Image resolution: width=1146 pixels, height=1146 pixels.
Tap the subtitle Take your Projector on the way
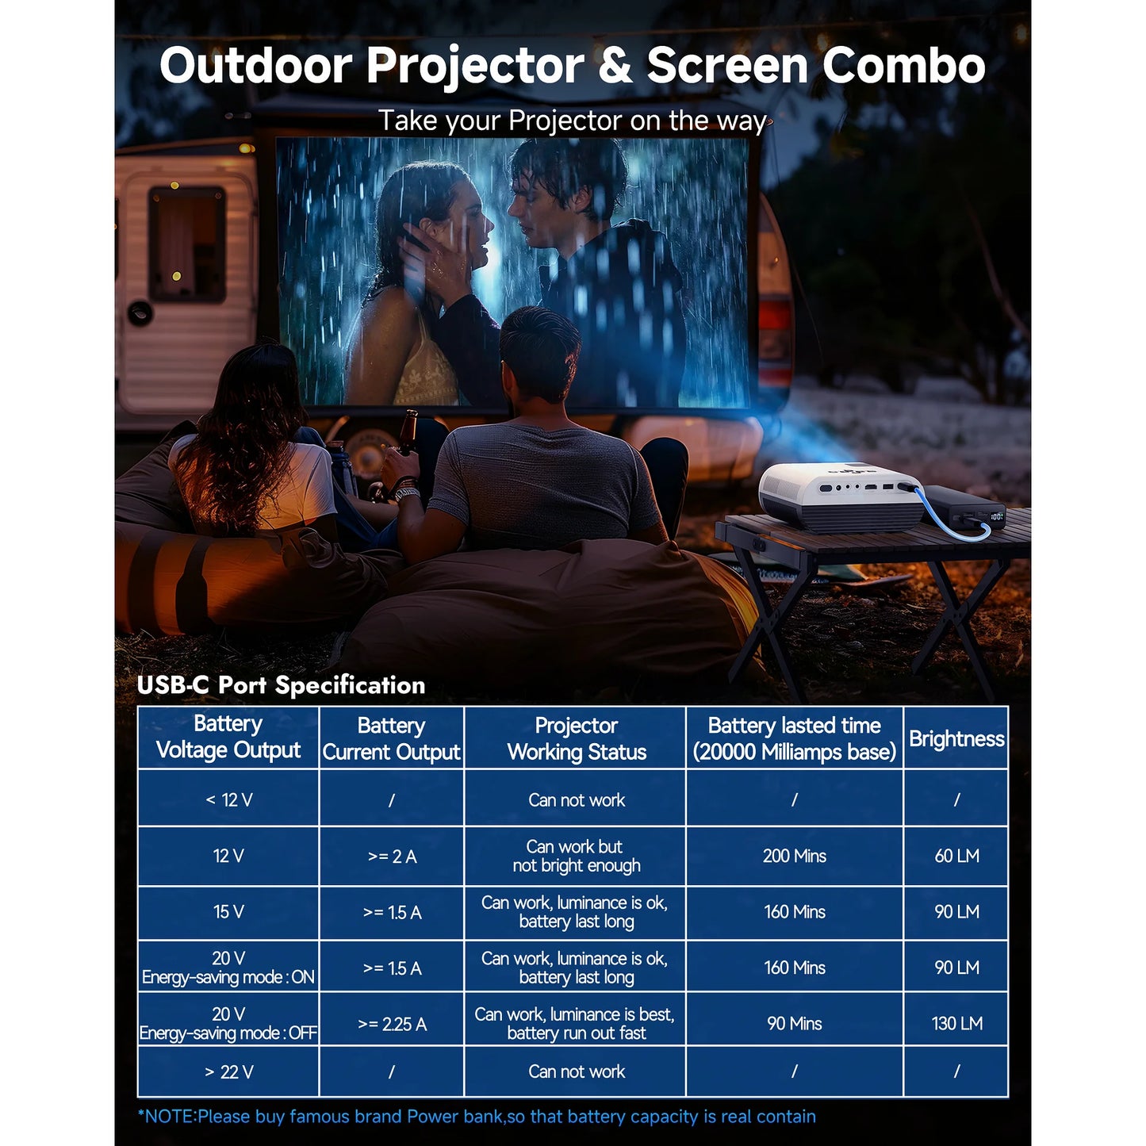pos(572,121)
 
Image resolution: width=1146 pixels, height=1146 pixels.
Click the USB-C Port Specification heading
pos(282,685)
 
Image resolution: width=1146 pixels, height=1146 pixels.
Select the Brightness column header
pos(956,738)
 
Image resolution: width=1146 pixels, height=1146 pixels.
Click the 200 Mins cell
pos(795,856)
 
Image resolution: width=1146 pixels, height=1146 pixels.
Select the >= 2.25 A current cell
pos(392,1024)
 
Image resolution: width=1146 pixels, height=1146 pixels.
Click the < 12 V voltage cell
pos(229,800)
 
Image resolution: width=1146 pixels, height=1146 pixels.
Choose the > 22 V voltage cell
pos(229,1071)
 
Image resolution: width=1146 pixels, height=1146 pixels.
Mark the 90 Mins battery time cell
pos(795,1024)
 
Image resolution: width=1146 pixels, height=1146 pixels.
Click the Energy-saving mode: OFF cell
pos(228,1024)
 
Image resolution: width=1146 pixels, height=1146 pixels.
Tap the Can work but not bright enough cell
pos(576,856)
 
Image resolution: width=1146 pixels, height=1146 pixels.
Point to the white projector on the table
pos(840,497)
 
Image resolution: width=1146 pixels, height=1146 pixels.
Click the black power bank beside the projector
pos(964,508)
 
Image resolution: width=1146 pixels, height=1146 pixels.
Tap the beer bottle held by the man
pos(408,432)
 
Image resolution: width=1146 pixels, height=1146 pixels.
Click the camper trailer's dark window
pos(186,243)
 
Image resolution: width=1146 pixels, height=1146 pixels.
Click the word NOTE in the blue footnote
pos(170,1117)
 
